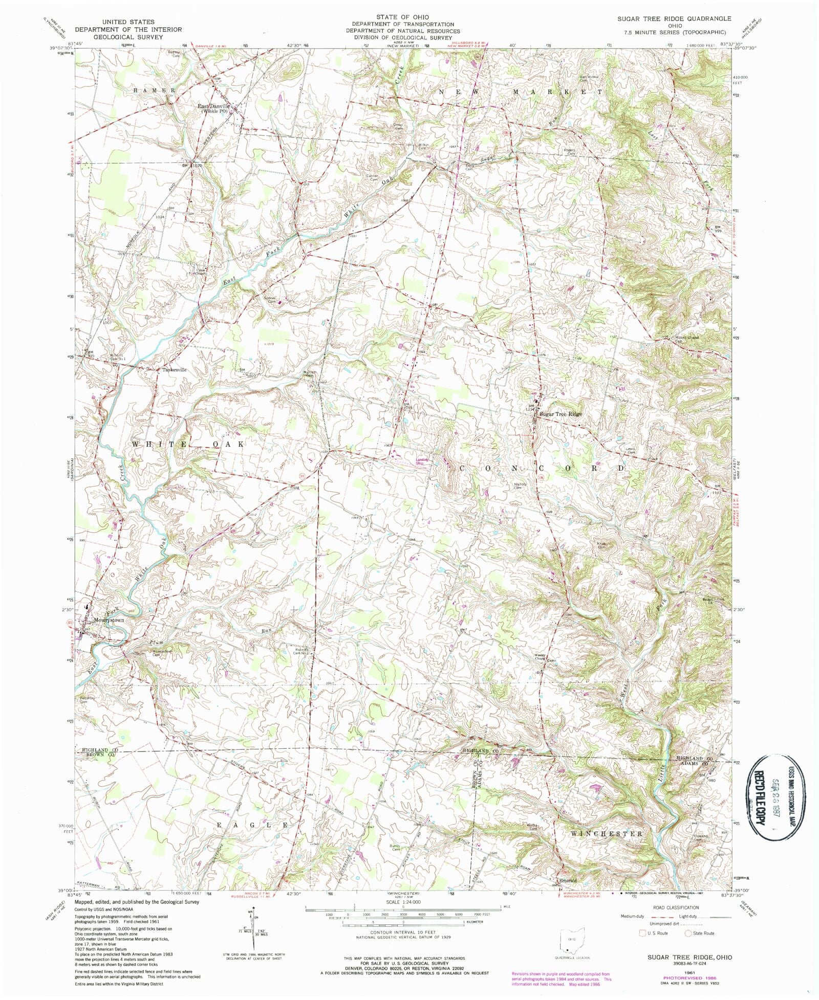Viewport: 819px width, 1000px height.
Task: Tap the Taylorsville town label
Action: pos(175,370)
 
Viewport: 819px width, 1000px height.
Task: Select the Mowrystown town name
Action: pos(109,620)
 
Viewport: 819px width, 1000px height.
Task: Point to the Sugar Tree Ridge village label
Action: pos(561,414)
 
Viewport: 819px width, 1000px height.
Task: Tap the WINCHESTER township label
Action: pos(606,834)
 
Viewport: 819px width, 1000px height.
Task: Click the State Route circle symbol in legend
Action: pos(688,933)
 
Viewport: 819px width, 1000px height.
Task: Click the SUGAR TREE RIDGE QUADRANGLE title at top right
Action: pos(674,18)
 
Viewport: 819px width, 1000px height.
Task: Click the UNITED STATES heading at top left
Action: pos(128,22)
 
